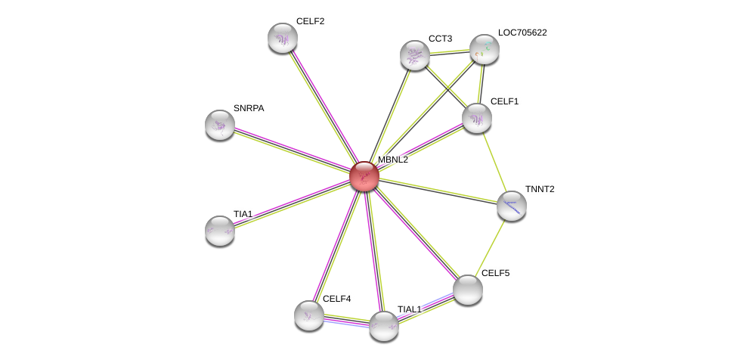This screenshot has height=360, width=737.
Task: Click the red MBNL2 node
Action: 364,176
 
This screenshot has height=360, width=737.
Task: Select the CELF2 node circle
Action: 283,38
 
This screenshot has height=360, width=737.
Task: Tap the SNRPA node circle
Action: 220,125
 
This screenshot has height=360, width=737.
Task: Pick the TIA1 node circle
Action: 220,231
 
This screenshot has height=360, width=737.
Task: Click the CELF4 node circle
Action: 309,315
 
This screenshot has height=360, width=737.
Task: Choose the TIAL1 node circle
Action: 384,326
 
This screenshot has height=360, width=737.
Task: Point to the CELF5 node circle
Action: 468,290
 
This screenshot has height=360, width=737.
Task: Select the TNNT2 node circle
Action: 512,206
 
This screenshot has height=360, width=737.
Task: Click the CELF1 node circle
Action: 477,118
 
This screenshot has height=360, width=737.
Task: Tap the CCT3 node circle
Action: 415,55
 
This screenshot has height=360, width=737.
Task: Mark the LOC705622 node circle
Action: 485,49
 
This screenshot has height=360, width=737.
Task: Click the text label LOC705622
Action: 522,33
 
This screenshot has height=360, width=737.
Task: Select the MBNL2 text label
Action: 393,160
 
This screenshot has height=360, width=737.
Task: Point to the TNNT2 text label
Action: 540,189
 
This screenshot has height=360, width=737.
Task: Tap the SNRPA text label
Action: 249,108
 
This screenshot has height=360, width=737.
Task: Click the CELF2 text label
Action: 310,21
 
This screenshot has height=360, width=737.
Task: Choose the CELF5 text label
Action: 496,273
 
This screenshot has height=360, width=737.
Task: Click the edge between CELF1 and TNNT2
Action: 494,162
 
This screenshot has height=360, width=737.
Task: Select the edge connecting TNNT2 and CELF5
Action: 491,247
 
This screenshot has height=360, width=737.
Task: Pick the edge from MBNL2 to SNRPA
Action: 292,151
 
